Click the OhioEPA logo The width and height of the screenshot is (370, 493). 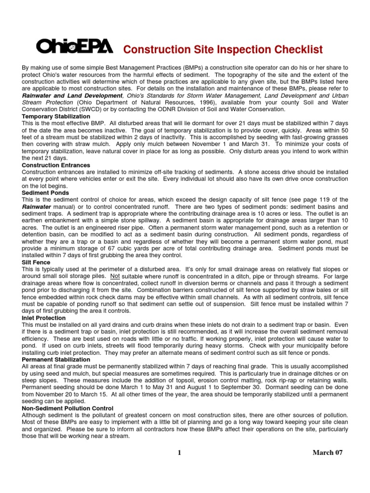(x=75, y=46)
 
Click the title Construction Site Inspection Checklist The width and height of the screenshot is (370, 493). (x=223, y=50)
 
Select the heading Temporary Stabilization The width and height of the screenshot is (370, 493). (x=56, y=117)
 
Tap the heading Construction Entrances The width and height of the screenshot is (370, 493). (x=56, y=165)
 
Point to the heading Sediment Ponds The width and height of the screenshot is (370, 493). (x=45, y=192)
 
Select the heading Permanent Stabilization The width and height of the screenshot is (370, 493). (x=56, y=360)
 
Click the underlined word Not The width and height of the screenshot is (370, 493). (x=115, y=276)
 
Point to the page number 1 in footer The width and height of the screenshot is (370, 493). (x=179, y=453)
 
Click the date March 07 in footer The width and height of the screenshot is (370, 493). (x=328, y=453)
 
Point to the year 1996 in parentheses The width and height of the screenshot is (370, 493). (x=213, y=103)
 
